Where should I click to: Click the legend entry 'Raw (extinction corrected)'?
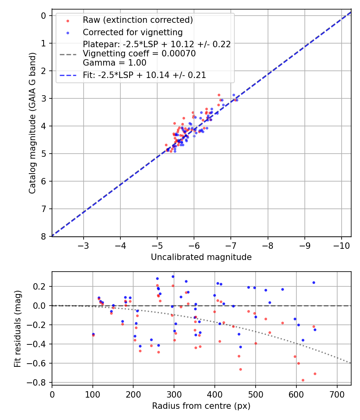point(138,20)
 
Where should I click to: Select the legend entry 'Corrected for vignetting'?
point(132,32)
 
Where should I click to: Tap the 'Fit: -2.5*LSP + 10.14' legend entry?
point(144,75)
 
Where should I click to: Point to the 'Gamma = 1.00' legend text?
point(114,63)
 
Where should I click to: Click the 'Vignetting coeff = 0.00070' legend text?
point(139,54)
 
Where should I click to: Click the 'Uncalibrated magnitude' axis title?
point(201,257)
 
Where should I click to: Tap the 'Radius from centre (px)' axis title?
point(201,406)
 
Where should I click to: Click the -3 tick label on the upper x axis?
point(83,245)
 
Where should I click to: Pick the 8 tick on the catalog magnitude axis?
point(44,236)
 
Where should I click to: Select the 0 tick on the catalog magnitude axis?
point(44,16)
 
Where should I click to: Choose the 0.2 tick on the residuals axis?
point(40,286)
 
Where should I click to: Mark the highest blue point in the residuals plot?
point(173,276)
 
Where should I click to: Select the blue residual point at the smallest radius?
point(93,334)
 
